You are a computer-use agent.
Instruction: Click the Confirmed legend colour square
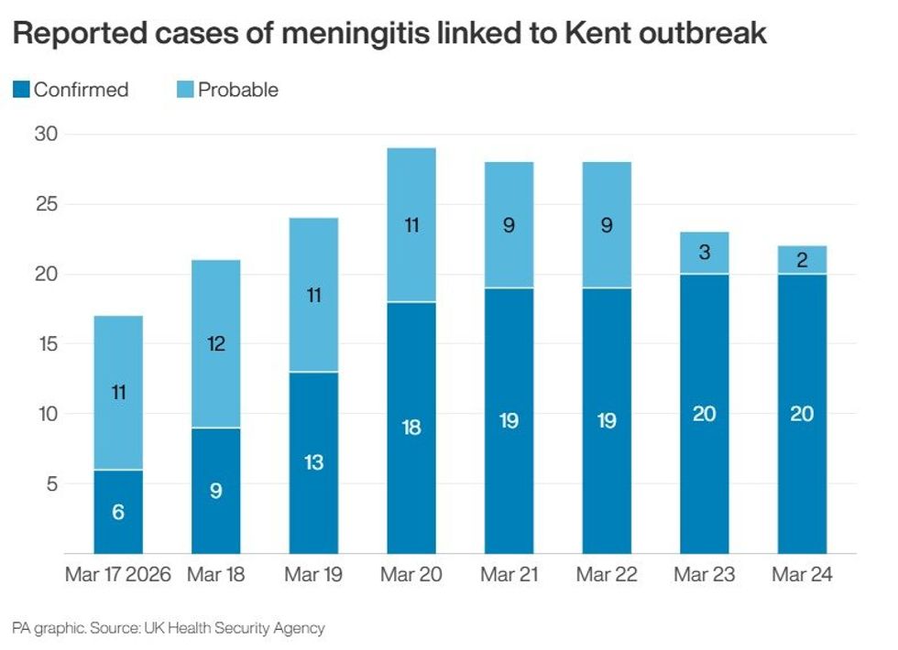tap(21, 90)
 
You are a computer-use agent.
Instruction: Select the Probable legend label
tap(237, 90)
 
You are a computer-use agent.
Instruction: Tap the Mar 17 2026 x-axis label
tap(119, 575)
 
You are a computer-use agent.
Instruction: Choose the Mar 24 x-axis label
tap(802, 575)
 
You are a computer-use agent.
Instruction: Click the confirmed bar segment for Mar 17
tap(118, 512)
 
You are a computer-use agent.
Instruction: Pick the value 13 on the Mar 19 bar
tap(313, 462)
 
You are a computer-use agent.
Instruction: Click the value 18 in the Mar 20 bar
tap(411, 428)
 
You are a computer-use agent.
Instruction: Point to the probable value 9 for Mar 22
tap(607, 225)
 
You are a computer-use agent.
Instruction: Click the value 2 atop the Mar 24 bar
tap(802, 260)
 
